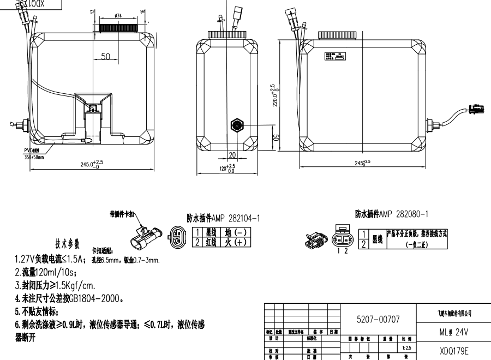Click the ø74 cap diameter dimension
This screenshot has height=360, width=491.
click(117, 17)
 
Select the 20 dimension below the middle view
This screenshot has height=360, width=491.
click(232, 155)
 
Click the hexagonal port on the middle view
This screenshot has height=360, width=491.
click(237, 124)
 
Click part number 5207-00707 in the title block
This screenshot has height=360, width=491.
click(379, 317)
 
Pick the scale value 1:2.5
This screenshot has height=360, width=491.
click(406, 347)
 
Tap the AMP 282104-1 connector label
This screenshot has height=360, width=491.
click(224, 218)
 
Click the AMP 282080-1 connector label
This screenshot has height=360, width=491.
click(391, 214)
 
